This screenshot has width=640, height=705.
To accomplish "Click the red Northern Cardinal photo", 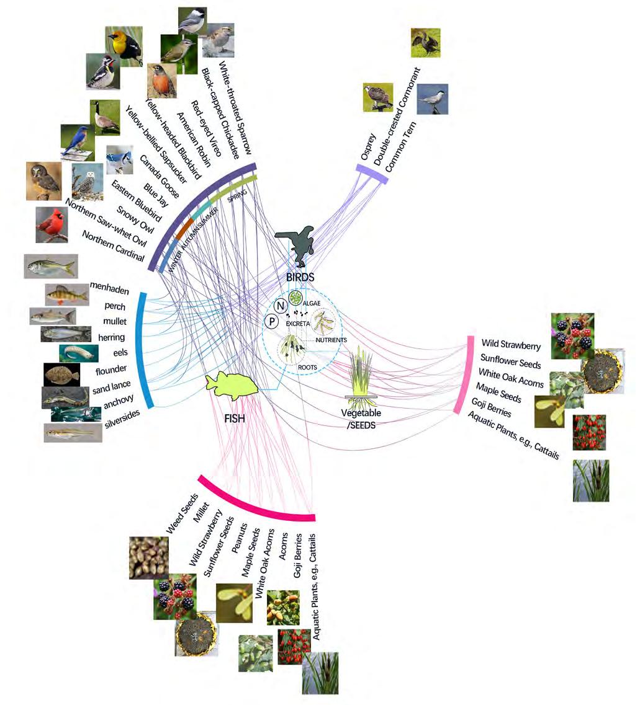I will (52, 225).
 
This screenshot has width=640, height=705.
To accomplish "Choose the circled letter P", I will (271, 321).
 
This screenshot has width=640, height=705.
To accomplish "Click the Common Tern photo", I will (432, 100).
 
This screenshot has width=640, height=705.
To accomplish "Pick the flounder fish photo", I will (61, 375).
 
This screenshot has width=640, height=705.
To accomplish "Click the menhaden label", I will (107, 286).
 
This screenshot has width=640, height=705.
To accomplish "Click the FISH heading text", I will (234, 419).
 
